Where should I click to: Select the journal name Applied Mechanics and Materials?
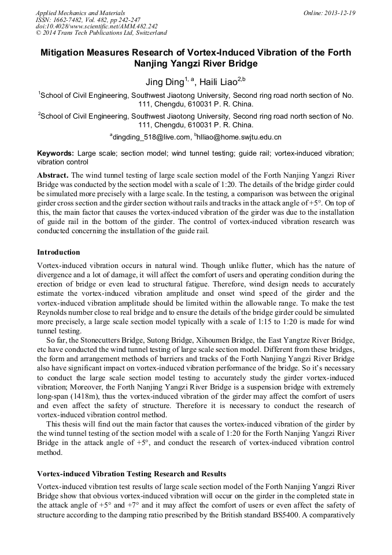80,13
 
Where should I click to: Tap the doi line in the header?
97,26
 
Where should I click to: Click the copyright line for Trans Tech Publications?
101,33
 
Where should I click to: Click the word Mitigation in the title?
65,53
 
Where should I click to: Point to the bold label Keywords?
56,153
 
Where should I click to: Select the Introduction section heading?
58,252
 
